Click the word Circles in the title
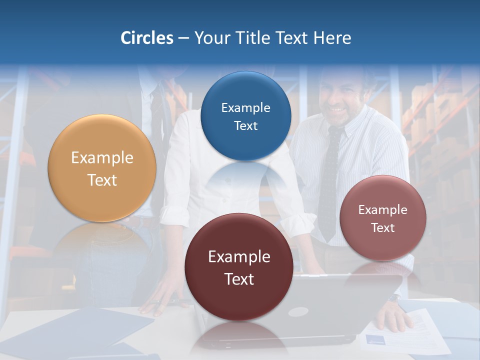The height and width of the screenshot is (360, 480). [x=146, y=38]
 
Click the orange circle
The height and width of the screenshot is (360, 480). [x=102, y=168]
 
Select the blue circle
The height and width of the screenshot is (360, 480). [x=245, y=116]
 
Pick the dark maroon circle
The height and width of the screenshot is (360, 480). [x=239, y=267]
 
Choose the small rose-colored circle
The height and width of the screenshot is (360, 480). [x=382, y=218]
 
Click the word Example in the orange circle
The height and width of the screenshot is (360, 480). [x=102, y=158]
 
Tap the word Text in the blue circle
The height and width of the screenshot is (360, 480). [x=245, y=125]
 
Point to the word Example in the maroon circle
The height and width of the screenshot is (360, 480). [x=239, y=257]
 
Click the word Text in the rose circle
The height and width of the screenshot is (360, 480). [x=383, y=228]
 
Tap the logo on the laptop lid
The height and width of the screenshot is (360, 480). [x=297, y=312]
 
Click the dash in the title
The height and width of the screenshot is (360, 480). [x=183, y=38]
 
